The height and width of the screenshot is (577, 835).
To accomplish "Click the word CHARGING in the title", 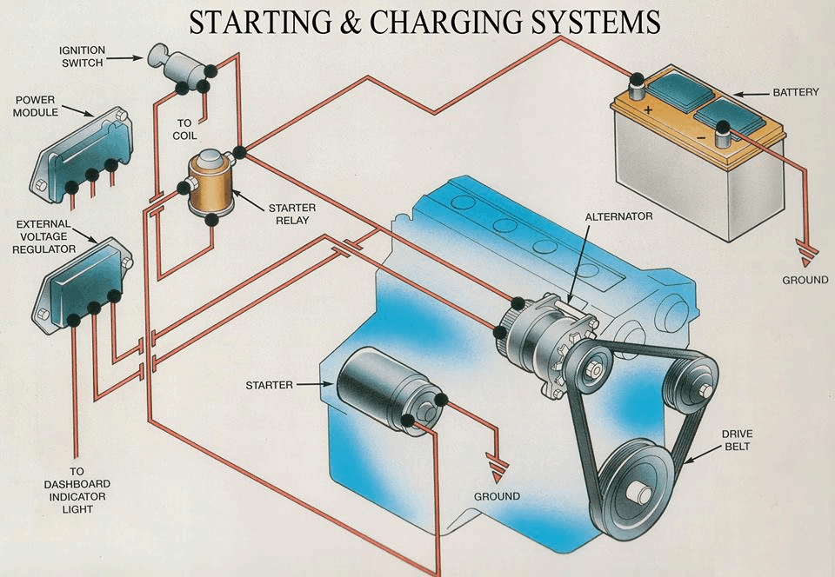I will [452, 22].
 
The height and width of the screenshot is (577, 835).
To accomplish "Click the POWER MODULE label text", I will [36, 106].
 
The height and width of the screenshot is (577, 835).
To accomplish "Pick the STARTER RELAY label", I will [291, 214].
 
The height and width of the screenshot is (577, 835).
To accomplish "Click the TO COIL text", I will [184, 129].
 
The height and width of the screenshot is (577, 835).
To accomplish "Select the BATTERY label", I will [795, 92].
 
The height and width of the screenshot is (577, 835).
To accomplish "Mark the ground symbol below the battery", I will [806, 257].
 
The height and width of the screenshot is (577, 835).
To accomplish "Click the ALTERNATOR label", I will [618, 216].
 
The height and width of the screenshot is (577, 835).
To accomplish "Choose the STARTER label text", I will [269, 384].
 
